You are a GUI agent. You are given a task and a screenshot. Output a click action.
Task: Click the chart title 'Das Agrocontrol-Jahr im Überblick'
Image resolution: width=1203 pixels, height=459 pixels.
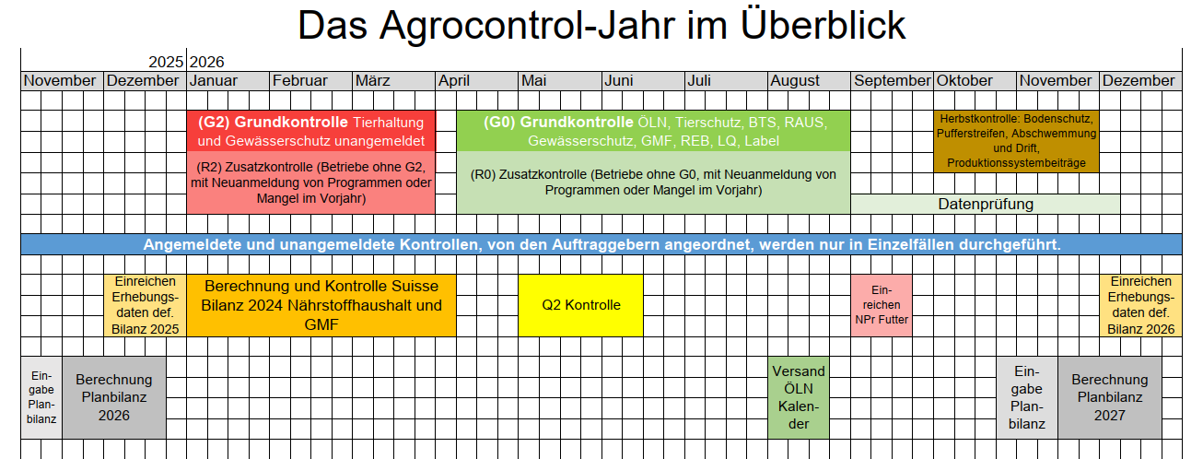(x=601, y=25)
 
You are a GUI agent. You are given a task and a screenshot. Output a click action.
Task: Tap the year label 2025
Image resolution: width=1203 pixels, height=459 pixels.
(x=166, y=63)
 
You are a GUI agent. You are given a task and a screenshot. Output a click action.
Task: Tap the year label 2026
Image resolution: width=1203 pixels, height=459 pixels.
(x=206, y=63)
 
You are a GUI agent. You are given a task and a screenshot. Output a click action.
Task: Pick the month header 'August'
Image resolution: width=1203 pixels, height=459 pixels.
(x=795, y=80)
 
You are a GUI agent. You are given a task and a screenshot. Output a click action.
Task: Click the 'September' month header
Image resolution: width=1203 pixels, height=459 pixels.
(x=892, y=80)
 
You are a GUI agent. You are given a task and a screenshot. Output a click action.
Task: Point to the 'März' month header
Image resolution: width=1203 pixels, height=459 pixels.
(x=373, y=80)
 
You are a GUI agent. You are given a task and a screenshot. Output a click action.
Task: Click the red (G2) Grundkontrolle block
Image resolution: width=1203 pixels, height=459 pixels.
(x=311, y=131)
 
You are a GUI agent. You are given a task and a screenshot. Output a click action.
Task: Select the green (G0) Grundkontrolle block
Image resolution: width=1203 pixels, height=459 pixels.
(x=653, y=131)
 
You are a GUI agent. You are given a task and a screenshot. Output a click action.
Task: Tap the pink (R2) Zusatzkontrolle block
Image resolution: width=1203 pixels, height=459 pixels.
(x=311, y=182)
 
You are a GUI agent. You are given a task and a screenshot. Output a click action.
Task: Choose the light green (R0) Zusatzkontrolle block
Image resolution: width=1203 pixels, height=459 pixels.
(x=653, y=182)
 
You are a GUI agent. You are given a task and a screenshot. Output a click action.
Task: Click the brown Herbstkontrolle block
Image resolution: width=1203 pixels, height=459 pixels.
(x=1016, y=141)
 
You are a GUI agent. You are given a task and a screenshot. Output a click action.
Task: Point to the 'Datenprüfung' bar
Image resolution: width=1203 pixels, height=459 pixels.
(x=986, y=205)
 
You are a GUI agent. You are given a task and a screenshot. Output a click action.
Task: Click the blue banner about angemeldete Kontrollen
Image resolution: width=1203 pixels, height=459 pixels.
(x=601, y=244)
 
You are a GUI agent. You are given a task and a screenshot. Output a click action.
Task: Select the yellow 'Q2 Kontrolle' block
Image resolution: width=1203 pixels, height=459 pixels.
(x=580, y=305)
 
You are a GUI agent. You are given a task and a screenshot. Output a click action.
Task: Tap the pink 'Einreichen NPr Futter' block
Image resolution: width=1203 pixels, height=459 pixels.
(x=882, y=305)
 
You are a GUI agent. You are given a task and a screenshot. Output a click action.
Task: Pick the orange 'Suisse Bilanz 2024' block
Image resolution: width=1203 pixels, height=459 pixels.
(x=321, y=305)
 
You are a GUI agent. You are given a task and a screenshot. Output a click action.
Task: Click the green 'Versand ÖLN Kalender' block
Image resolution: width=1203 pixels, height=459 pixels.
(x=799, y=398)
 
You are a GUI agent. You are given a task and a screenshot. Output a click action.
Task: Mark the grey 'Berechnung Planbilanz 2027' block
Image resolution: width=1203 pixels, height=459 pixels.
(x=1110, y=398)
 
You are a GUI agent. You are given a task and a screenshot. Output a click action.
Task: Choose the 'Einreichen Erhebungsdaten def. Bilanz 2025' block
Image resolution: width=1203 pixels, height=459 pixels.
(x=146, y=305)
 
